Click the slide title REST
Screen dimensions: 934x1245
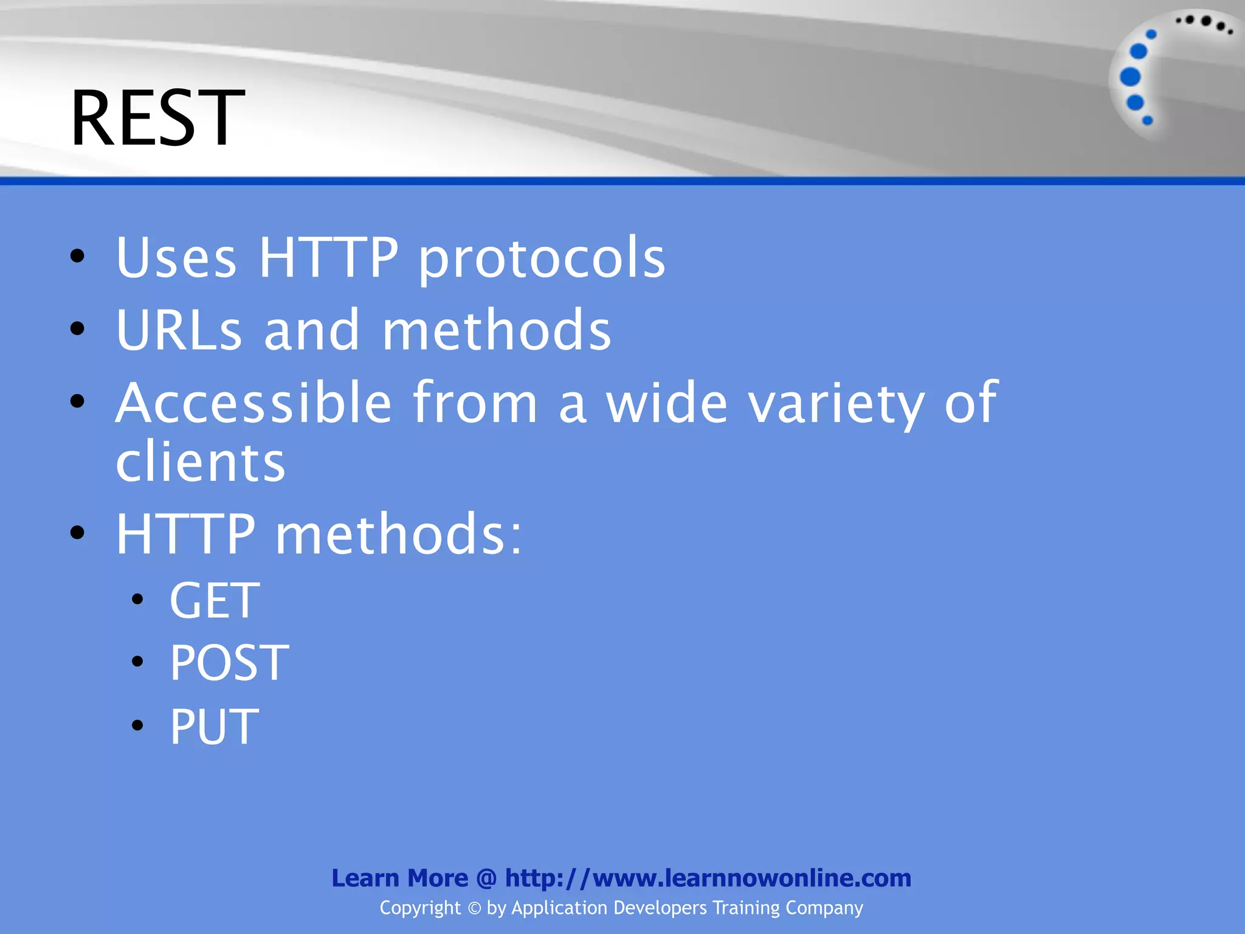[157, 118]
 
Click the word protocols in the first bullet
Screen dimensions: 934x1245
[542, 258]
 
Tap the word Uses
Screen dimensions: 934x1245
[176, 258]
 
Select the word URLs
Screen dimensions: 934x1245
[179, 330]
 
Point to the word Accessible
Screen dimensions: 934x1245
[253, 403]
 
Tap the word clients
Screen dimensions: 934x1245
[201, 462]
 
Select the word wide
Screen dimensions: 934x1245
[667, 403]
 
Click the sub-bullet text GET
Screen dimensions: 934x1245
[215, 601]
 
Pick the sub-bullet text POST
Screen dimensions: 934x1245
[229, 663]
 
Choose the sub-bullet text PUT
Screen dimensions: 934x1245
[214, 726]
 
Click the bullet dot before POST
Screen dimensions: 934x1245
[137, 662]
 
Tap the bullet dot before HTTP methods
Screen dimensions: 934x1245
[77, 533]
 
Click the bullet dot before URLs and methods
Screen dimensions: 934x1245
[77, 329]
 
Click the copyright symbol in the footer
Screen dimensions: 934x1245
[474, 908]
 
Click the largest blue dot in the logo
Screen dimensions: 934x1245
[1130, 77]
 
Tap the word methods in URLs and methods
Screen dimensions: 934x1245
[497, 330]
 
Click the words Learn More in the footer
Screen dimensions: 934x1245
[399, 878]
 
